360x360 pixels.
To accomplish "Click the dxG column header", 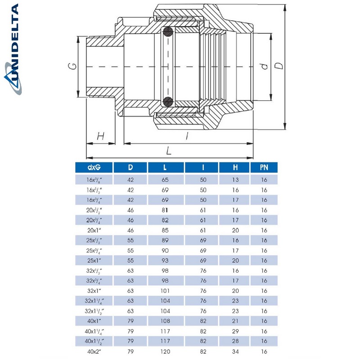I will click(x=94, y=168).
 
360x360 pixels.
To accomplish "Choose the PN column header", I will click(x=264, y=168).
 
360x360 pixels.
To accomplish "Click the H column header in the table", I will click(x=235, y=168).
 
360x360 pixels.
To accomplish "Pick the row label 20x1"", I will click(x=94, y=229).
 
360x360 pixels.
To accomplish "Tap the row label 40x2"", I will click(x=94, y=351).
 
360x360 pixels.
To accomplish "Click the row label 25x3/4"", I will click(x=94, y=250).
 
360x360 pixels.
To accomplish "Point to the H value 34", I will click(x=235, y=351).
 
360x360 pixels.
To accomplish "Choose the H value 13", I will click(x=235, y=179).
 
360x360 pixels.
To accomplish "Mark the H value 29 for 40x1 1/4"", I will click(x=235, y=331).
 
